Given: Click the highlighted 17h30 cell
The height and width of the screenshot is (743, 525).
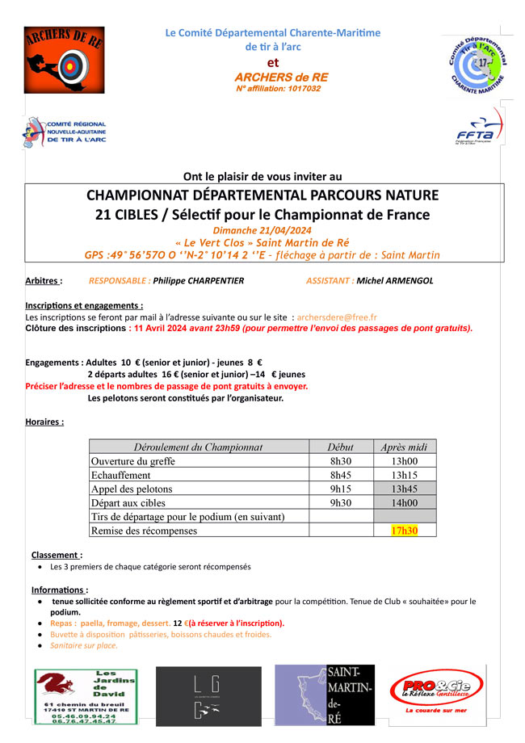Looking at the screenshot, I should click(405, 531).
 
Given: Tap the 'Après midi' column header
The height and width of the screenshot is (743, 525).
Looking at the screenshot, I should click(405, 447).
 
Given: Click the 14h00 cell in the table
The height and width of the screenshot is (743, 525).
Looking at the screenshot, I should click(405, 502).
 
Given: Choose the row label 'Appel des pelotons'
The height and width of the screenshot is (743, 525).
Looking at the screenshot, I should click(132, 489).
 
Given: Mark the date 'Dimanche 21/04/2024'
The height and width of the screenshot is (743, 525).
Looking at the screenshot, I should click(262, 230).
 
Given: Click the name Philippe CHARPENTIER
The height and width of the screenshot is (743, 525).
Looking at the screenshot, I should click(199, 281).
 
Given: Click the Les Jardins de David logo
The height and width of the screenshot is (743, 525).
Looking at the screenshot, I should click(85, 697).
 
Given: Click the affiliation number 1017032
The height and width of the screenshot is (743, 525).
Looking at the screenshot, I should click(300, 88).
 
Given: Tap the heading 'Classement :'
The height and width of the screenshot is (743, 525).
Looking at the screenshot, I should click(57, 555).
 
